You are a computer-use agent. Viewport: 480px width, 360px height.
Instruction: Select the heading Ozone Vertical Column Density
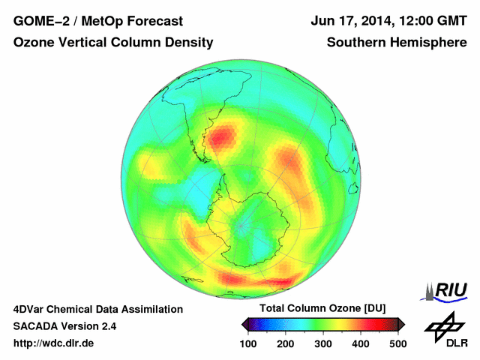[113, 43]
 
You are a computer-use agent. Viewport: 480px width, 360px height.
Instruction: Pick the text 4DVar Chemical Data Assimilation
[97, 309]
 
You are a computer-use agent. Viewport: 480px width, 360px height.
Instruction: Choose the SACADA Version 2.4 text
[64, 326]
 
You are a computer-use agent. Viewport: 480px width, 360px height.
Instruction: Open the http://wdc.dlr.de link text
[54, 343]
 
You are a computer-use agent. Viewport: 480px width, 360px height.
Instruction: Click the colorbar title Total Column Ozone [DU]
[322, 309]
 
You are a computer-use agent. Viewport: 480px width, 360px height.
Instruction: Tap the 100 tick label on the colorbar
[248, 343]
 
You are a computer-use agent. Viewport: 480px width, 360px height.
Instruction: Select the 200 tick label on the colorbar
[286, 343]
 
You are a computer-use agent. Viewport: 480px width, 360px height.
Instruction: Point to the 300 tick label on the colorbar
[323, 343]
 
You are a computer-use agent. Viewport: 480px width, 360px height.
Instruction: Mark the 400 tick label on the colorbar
[360, 343]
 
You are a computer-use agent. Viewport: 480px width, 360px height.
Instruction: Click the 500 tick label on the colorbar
[397, 343]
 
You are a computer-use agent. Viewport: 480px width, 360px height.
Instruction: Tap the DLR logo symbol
[443, 327]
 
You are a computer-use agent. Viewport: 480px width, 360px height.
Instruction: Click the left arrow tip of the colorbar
[243, 324]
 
